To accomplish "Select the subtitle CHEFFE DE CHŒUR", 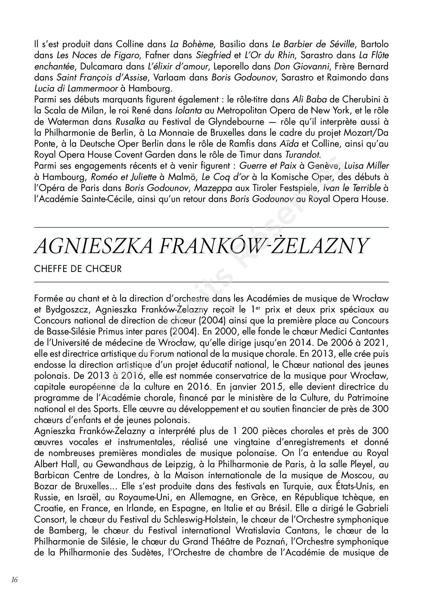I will [x=78, y=269].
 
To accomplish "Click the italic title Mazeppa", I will [x=213, y=188].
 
